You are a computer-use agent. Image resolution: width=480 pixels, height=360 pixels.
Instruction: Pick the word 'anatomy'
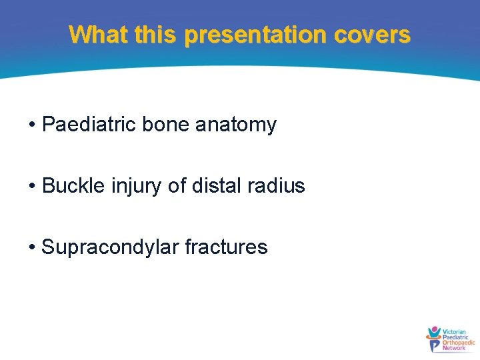236,125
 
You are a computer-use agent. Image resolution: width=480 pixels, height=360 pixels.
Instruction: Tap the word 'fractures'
226,247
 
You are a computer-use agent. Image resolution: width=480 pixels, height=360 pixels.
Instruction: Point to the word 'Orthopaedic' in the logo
459,342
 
